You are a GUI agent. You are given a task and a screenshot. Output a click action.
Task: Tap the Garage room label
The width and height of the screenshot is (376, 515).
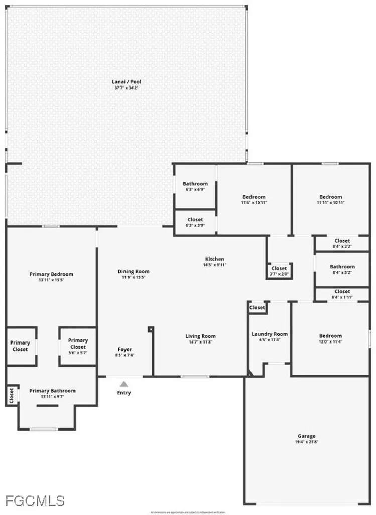306,436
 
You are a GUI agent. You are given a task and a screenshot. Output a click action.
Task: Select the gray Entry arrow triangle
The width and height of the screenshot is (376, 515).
124,384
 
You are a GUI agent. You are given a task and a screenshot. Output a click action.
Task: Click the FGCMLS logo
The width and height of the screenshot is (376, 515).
35,500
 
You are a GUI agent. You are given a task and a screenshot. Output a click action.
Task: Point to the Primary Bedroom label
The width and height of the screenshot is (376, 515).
51,274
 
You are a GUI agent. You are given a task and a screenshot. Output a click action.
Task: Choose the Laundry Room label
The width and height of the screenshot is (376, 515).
269,334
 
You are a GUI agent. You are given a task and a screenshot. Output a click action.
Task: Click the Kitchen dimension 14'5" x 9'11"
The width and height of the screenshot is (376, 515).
213,265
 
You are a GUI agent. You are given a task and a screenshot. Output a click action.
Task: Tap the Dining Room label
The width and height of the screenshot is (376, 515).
134,271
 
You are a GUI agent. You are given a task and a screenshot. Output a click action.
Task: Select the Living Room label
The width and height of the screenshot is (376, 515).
200,336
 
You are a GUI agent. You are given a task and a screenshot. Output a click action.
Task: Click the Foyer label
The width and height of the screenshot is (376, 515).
125,349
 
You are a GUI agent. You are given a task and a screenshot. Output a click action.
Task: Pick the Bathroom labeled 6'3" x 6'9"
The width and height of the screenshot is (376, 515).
195,184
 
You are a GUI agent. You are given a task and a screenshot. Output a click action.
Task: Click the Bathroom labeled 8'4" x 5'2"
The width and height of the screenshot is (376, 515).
342,267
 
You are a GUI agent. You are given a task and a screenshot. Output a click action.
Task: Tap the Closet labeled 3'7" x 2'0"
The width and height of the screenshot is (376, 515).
279,268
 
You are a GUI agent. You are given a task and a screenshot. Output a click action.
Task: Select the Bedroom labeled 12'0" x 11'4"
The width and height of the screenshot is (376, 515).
330,336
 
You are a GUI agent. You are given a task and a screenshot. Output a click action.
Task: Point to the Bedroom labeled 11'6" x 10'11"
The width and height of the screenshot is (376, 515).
254,197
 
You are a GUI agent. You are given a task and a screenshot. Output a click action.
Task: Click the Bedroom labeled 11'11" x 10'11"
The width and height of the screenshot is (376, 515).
331,197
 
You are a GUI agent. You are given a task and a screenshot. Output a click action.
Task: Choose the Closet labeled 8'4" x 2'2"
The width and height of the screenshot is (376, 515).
342,241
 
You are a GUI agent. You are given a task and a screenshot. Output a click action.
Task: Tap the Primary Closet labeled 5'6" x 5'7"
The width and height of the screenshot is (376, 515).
78,344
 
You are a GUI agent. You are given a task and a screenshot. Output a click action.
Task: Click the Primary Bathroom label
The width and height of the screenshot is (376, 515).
52,391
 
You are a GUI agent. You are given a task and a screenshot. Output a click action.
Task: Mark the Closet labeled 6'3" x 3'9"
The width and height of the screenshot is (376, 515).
195,220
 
